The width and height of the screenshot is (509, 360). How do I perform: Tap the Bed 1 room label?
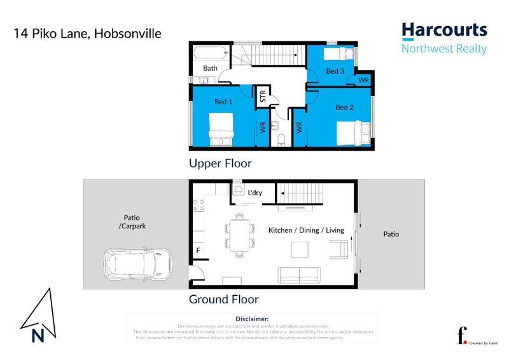coord(223,102)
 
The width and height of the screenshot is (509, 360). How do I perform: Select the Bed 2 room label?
coord(344,107)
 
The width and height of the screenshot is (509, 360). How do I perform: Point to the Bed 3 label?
coord(335,71)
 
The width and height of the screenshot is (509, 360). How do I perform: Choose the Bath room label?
coord(210,68)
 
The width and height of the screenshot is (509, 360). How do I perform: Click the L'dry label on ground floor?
coord(256,192)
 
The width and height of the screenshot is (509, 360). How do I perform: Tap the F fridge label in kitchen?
coord(198,251)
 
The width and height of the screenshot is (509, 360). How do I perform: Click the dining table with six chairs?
coord(239,234)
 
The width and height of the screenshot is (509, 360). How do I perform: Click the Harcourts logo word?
coord(444,30)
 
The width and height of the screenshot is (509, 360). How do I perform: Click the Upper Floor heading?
coord(220,163)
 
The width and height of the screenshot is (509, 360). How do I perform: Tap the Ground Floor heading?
coord(223,299)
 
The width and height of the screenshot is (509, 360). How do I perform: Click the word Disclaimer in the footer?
coord(252,319)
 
